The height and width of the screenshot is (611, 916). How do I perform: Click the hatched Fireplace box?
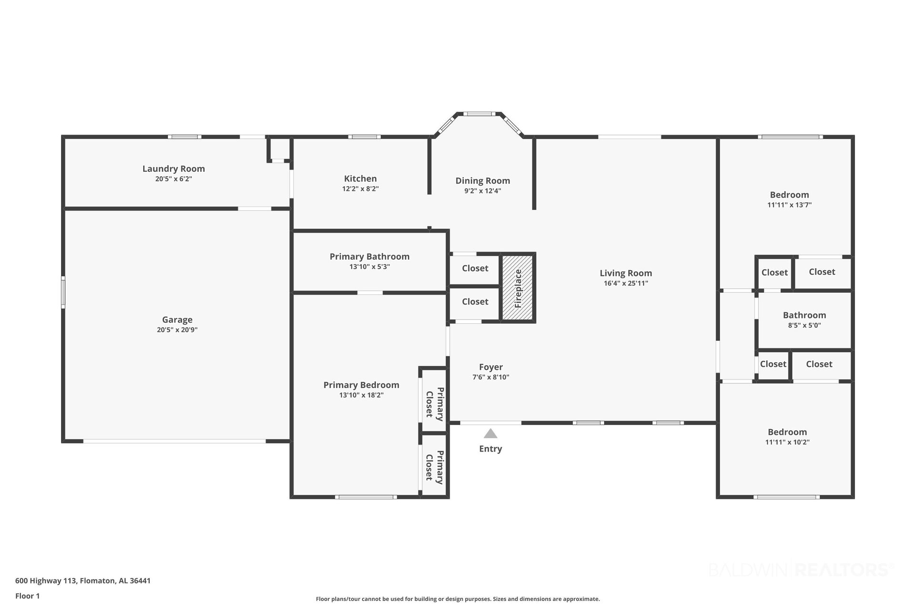pyautogui.click(x=518, y=287)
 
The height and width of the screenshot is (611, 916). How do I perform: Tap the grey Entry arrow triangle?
pyautogui.click(x=490, y=433)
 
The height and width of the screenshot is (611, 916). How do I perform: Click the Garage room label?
pyautogui.click(x=177, y=320)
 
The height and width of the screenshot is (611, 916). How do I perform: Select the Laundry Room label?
pyautogui.click(x=174, y=169)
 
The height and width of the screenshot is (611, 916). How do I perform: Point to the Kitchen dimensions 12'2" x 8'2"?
pyautogui.click(x=360, y=189)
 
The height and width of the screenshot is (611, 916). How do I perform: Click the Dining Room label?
pyautogui.click(x=483, y=181)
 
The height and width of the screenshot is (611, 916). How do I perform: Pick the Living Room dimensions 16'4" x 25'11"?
pyautogui.click(x=626, y=283)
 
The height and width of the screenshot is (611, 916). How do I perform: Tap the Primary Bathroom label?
pyautogui.click(x=370, y=257)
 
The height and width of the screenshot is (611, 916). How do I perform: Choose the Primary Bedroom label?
pyautogui.click(x=361, y=385)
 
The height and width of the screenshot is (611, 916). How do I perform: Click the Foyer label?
pyautogui.click(x=491, y=367)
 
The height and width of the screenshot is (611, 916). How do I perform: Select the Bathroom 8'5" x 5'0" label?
pyautogui.click(x=804, y=320)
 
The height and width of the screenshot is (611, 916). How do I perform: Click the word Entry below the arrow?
pyautogui.click(x=490, y=449)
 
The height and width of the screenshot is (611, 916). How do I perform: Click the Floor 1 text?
pyautogui.click(x=28, y=596)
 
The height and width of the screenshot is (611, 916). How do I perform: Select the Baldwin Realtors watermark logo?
pyautogui.click(x=801, y=569)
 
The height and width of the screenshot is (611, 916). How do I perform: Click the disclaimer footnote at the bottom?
pyautogui.click(x=458, y=599)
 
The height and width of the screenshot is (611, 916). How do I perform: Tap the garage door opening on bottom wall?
pyautogui.click(x=174, y=441)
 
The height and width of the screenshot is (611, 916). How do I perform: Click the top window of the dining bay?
pyautogui.click(x=479, y=114)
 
